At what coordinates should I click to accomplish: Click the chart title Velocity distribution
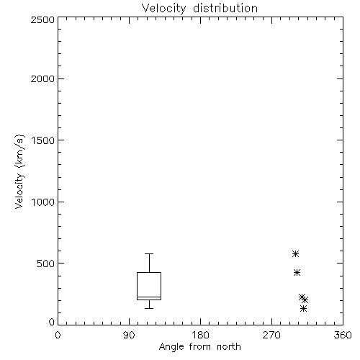click(x=199, y=9)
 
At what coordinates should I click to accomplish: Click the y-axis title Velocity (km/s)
click(x=19, y=171)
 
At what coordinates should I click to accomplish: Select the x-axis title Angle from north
click(x=199, y=347)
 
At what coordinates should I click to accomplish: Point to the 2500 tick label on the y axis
click(x=42, y=19)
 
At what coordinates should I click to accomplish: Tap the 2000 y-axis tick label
click(x=42, y=78)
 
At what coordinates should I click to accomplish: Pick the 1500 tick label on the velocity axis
click(x=43, y=140)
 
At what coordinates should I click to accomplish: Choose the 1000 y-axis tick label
click(x=43, y=202)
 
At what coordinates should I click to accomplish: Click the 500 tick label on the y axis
click(x=45, y=264)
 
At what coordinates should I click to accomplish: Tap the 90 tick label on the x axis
click(x=129, y=335)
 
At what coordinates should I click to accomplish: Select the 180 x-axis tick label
click(x=200, y=335)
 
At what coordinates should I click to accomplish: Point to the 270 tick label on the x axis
click(x=271, y=335)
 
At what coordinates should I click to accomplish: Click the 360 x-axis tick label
click(x=343, y=335)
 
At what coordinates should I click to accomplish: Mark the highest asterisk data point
click(x=295, y=253)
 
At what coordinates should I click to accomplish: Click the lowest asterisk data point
click(x=304, y=308)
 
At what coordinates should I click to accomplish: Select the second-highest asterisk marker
click(x=297, y=272)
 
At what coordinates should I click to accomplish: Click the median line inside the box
click(x=149, y=297)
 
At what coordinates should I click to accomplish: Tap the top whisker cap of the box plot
click(x=149, y=253)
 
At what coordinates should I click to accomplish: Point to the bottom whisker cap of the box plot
click(x=149, y=308)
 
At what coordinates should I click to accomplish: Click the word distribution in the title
click(x=225, y=8)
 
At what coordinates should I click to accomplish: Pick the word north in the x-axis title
click(x=229, y=347)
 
